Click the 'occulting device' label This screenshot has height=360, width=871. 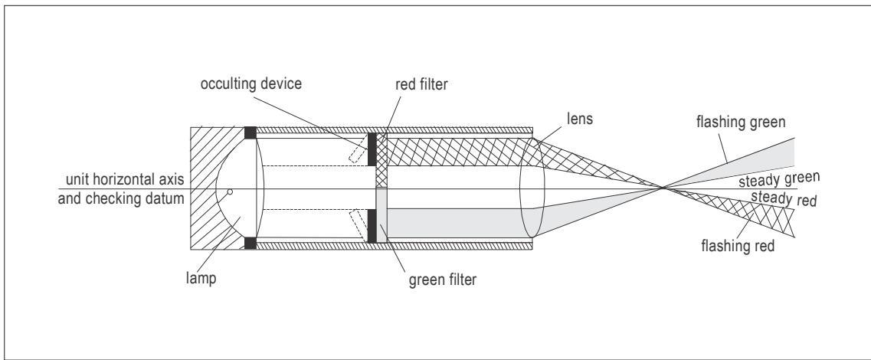coord(251,84)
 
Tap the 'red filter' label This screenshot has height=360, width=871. coord(421,85)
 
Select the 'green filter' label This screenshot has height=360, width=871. coord(442,280)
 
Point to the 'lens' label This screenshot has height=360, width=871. coord(580,118)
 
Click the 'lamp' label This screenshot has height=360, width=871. coord(201,279)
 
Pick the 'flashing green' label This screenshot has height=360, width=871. coord(741,122)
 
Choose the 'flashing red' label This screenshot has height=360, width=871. coord(738,245)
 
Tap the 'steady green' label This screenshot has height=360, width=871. coord(779,180)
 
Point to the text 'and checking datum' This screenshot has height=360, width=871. coord(121,198)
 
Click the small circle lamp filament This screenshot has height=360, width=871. coord(230,191)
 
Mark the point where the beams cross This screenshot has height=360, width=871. coord(663,188)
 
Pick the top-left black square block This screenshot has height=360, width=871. coord(250,133)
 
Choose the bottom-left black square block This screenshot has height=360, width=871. coord(250,244)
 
